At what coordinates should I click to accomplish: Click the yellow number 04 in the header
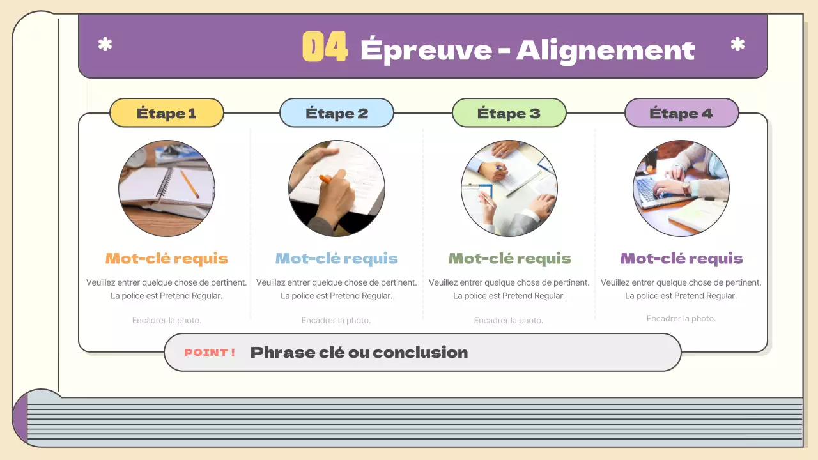point(325,47)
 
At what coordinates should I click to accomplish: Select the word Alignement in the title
point(605,51)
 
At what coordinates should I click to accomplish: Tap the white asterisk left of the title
point(105,45)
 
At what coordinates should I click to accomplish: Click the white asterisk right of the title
point(737,45)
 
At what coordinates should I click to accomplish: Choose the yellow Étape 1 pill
point(167,113)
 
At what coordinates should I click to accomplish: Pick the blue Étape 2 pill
point(337,113)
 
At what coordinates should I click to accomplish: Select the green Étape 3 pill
point(509,113)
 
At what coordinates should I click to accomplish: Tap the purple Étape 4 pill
point(681,113)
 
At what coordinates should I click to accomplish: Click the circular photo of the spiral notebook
point(167,188)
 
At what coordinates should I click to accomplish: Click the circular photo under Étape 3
point(509,188)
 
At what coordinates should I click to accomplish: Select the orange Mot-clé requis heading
point(167,259)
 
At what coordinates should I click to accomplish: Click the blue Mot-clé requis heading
point(336,259)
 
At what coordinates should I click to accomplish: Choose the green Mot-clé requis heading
point(509,259)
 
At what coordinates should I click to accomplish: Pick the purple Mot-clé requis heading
point(681,259)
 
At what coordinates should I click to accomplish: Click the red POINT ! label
point(209,352)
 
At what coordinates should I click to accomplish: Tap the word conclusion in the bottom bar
point(421,352)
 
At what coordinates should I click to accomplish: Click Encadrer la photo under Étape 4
point(681,318)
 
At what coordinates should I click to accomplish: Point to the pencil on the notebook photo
point(190,185)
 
